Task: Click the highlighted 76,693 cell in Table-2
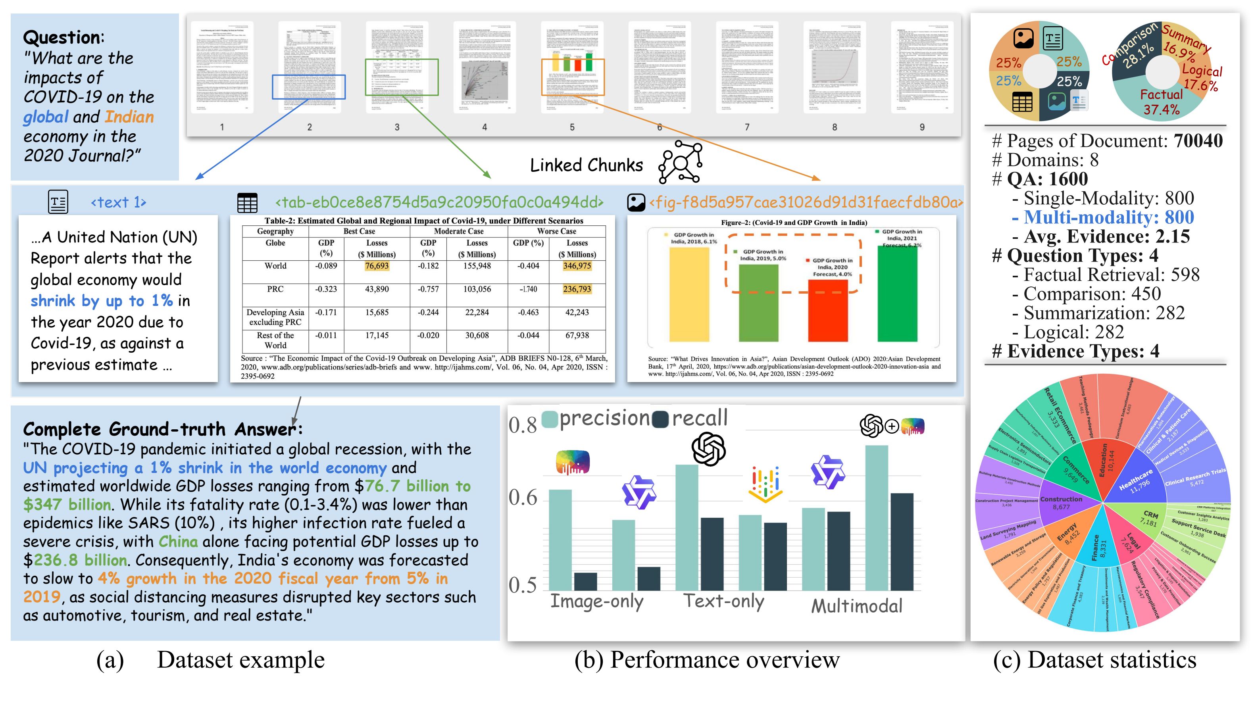click(377, 266)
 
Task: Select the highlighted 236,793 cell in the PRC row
click(577, 289)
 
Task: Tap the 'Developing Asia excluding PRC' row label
click(275, 317)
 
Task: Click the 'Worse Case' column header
click(557, 231)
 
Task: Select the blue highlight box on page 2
click(309, 87)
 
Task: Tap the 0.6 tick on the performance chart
click(523, 498)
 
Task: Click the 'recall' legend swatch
click(661, 419)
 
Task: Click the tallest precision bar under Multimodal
click(877, 518)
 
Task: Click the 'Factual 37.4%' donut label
click(1161, 102)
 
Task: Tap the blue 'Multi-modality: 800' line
click(1108, 217)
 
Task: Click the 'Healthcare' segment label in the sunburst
click(1136, 480)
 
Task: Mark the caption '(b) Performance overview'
click(707, 660)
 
